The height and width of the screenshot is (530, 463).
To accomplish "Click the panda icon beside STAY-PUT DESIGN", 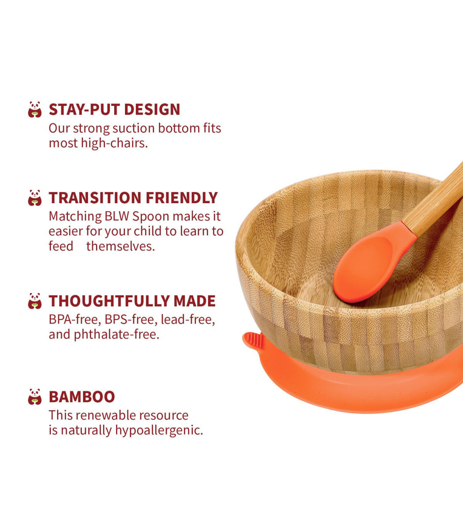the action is (35, 109).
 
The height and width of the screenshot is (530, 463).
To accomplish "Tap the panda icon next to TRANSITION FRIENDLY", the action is (35, 198).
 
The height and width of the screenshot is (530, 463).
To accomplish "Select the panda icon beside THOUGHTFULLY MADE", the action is (35, 301).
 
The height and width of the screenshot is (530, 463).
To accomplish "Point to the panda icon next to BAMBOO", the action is (35, 396).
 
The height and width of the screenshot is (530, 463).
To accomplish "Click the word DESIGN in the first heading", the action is (152, 109).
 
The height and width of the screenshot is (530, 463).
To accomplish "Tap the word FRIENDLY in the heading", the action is (182, 198).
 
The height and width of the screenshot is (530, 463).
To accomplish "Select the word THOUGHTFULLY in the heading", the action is (109, 301).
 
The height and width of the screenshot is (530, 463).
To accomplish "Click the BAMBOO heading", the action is (82, 397).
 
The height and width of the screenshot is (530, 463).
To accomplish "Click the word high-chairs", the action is (114, 143).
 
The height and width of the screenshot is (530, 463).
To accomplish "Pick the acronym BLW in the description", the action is (117, 216).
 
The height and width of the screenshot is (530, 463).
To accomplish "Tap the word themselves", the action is (120, 246).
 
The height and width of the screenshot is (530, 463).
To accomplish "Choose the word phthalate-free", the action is (117, 335).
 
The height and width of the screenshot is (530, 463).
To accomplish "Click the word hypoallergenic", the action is (159, 430).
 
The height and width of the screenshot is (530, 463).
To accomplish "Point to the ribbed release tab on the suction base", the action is (254, 340).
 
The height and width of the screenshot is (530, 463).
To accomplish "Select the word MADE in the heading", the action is (194, 301).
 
